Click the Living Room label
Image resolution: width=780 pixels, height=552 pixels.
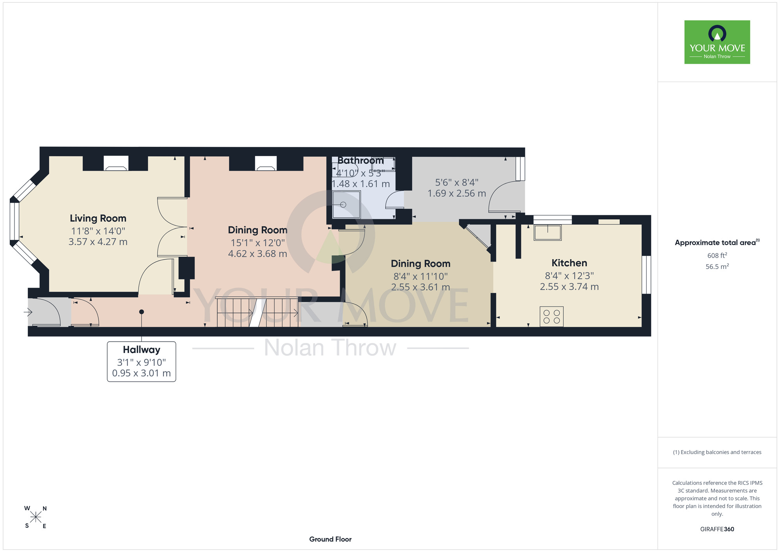click(98, 218)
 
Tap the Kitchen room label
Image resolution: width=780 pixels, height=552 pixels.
click(569, 263)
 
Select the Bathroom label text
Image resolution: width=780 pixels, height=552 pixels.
click(360, 160)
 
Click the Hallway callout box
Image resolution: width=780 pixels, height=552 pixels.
click(142, 361)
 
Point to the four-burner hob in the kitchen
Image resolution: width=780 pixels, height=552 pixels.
click(551, 317)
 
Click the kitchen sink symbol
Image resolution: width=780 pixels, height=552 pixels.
click(548, 233)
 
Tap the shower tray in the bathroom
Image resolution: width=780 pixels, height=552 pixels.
click(346, 205)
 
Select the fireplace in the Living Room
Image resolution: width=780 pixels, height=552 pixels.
click(116, 163)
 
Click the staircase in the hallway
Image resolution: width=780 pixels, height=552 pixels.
click(257, 312)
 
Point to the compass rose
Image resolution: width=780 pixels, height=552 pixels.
click(35, 517)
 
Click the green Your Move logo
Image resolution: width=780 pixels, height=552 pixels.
click(717, 42)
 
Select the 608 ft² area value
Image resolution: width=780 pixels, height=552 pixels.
click(717, 255)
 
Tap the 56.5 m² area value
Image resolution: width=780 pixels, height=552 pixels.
click(717, 267)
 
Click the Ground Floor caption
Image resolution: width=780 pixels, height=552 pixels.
click(330, 539)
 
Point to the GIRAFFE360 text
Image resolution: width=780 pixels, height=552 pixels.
click(717, 529)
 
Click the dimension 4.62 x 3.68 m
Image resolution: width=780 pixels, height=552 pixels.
click(257, 254)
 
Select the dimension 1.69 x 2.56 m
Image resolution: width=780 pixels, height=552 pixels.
click(457, 194)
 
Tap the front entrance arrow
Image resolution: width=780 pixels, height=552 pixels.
click(28, 312)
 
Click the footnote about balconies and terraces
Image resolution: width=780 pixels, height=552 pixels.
click(717, 452)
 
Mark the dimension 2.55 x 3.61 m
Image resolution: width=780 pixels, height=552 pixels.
click(420, 287)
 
